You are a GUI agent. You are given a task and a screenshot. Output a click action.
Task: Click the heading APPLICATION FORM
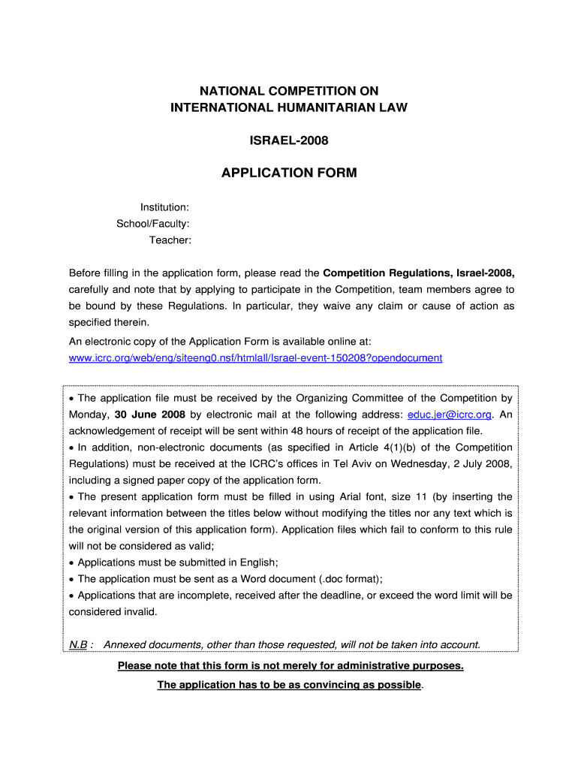289,173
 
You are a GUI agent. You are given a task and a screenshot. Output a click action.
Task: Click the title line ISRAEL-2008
289,140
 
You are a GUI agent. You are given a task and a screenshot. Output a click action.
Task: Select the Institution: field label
164,207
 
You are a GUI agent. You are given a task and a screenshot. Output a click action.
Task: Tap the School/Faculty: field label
152,224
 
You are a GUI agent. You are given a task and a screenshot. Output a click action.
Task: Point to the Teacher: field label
170,240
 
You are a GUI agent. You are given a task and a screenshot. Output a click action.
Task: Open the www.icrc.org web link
255,358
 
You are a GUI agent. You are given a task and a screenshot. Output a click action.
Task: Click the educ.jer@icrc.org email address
449,415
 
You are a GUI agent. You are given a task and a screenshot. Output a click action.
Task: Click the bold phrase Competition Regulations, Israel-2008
418,272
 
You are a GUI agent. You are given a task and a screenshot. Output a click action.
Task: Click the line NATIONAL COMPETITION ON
289,91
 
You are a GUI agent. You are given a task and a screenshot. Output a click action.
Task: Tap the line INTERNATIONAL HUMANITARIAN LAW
289,107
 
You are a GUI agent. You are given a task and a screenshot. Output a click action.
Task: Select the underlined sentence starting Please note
291,666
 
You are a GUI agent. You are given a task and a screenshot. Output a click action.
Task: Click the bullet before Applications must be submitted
71,563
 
